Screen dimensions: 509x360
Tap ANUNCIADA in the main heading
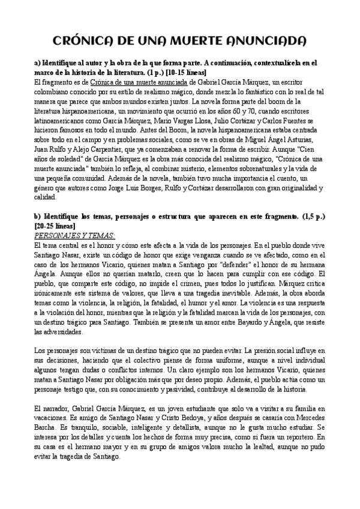264,41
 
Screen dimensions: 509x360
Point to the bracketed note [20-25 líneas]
55,225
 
